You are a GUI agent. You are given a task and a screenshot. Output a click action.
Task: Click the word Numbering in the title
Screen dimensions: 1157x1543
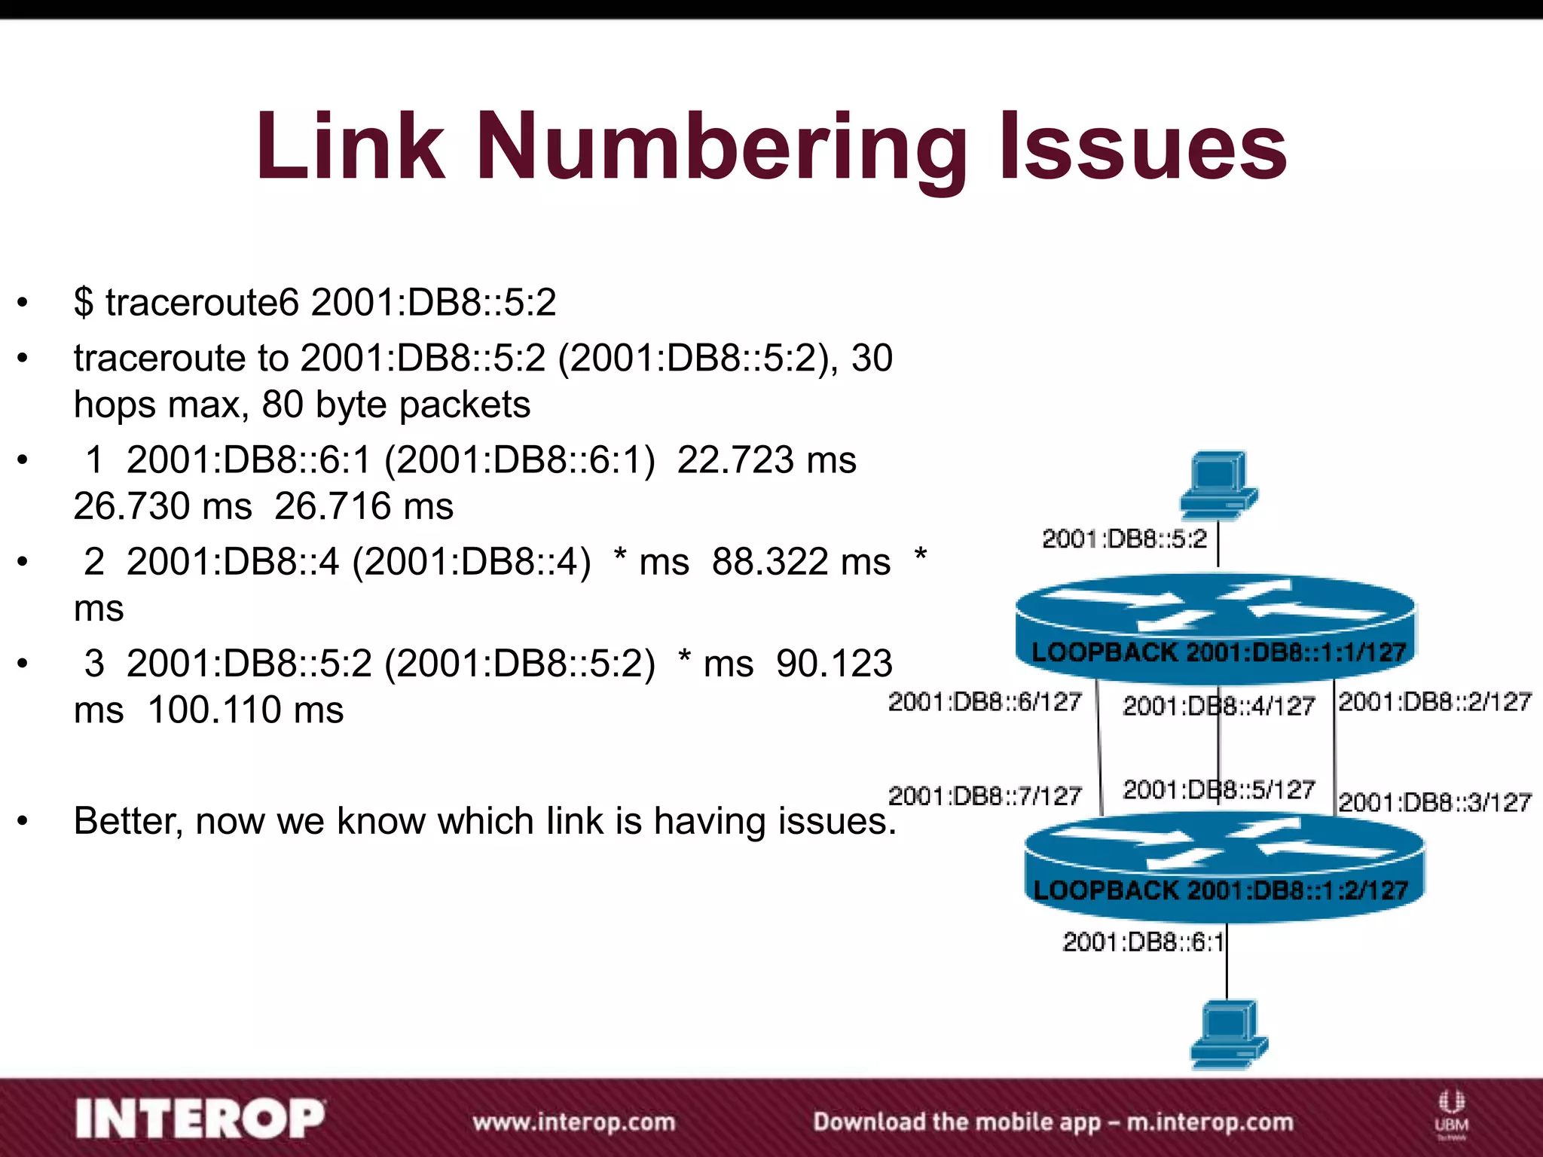pyautogui.click(x=721, y=147)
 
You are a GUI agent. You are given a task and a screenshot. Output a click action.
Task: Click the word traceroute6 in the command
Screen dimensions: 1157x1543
pyautogui.click(x=202, y=302)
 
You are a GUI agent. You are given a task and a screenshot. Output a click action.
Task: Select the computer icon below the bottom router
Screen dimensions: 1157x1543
pyautogui.click(x=1228, y=1033)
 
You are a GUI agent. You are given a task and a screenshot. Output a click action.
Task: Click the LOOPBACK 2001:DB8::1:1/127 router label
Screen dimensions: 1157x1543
pyautogui.click(x=1218, y=652)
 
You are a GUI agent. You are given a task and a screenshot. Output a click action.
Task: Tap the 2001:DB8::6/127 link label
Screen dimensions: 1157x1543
pyautogui.click(x=985, y=702)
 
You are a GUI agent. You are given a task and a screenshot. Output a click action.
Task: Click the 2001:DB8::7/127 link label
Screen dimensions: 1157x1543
pyautogui.click(x=985, y=795)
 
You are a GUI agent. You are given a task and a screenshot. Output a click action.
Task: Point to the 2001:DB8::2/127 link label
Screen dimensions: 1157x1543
pyautogui.click(x=1435, y=702)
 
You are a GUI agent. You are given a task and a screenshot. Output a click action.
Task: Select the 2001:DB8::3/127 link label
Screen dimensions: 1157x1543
pyautogui.click(x=1435, y=802)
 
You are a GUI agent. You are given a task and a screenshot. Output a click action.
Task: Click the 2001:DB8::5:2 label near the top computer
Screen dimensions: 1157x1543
pyautogui.click(x=1124, y=539)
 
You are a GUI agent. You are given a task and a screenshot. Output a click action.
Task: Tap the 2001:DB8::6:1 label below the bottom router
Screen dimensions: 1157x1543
pyautogui.click(x=1143, y=942)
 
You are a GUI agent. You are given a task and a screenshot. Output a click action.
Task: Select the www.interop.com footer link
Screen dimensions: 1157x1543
pyautogui.click(x=574, y=1122)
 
